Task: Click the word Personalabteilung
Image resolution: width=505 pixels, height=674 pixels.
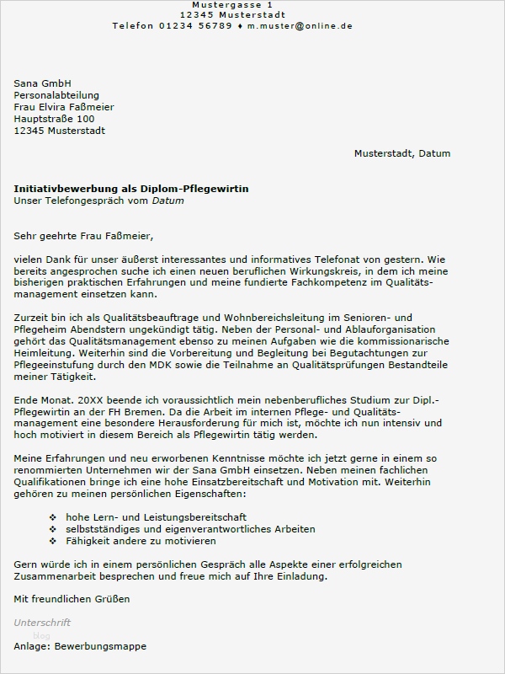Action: click(56, 95)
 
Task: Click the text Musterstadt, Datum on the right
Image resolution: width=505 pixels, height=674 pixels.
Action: click(402, 153)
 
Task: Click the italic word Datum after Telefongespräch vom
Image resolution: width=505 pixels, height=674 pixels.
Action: click(167, 201)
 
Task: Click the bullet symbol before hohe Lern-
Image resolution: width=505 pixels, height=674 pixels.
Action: click(53, 517)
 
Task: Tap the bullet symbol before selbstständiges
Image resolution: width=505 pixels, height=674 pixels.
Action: click(53, 529)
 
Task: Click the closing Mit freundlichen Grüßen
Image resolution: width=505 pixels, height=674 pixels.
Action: click(72, 599)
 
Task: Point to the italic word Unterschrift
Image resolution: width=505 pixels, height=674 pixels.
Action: click(42, 623)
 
